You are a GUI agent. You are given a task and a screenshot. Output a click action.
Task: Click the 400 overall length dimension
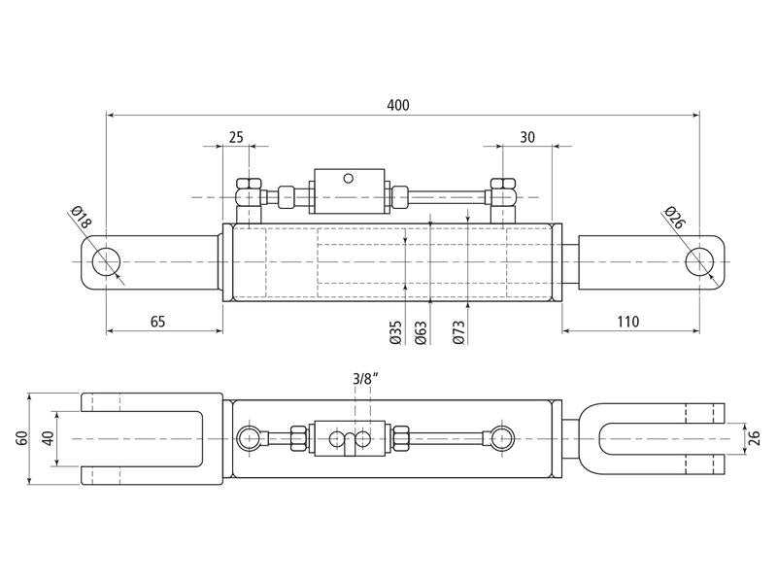pos(398,105)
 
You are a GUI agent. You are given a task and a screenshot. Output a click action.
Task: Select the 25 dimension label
pos(236,137)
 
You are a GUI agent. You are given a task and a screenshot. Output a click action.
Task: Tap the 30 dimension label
pos(527,137)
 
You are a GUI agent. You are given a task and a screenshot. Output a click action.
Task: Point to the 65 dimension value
pos(157,322)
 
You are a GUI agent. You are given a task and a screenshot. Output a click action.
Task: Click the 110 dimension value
pos(628,322)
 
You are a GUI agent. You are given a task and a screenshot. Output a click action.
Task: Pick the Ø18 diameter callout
pos(82,217)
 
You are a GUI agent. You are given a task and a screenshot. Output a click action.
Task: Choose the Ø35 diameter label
pos(395,332)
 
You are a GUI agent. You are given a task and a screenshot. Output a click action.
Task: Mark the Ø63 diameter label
pos(421,332)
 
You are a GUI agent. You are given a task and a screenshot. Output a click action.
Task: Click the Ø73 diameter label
pos(458,332)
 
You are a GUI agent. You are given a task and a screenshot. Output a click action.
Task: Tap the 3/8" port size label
pos(365,379)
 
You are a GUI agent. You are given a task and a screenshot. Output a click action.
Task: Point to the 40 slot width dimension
pos(48,438)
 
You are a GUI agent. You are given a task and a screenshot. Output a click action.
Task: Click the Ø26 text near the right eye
pos(674,217)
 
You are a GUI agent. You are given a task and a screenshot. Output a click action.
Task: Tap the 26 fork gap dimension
pos(754,438)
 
